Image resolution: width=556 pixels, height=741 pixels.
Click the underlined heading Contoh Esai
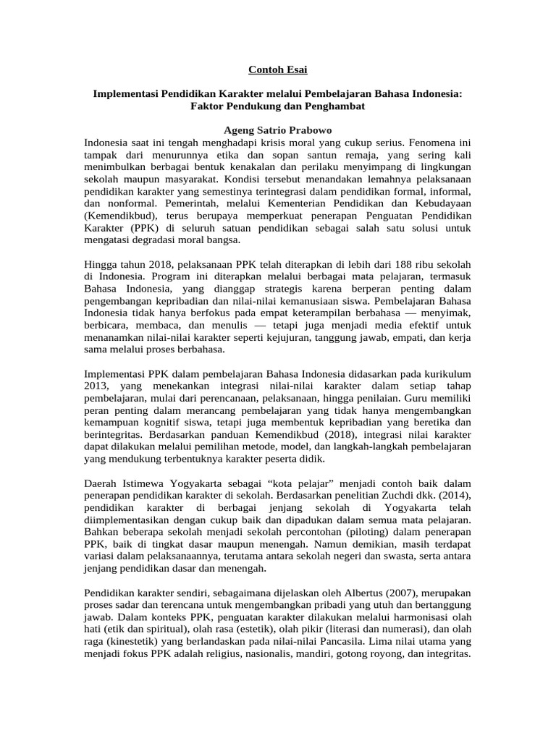(x=278, y=69)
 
